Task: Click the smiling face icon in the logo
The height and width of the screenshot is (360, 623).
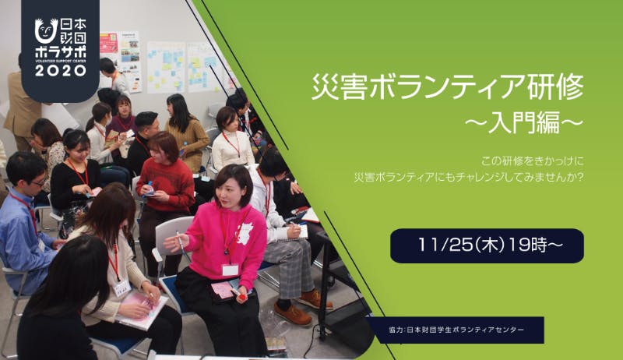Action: click(46, 30)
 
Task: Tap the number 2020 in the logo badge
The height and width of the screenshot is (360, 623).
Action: click(61, 71)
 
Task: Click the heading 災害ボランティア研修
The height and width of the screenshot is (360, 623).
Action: click(448, 86)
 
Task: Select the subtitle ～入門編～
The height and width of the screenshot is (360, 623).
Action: click(523, 122)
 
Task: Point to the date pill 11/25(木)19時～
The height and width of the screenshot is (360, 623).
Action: click(487, 245)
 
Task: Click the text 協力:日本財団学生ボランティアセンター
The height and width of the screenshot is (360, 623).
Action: click(456, 330)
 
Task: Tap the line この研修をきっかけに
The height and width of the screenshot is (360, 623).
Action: click(532, 161)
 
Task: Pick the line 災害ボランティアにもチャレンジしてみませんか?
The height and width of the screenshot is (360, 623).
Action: click(469, 177)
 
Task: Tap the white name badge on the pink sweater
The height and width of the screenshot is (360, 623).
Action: click(230, 270)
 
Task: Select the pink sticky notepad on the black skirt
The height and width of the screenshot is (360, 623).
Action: click(224, 290)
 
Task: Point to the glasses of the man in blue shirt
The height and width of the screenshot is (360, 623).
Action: click(37, 182)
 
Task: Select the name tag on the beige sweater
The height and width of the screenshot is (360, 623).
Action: click(122, 288)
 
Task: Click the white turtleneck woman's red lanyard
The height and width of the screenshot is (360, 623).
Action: click(232, 144)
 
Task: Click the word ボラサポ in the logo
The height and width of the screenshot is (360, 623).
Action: click(61, 52)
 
